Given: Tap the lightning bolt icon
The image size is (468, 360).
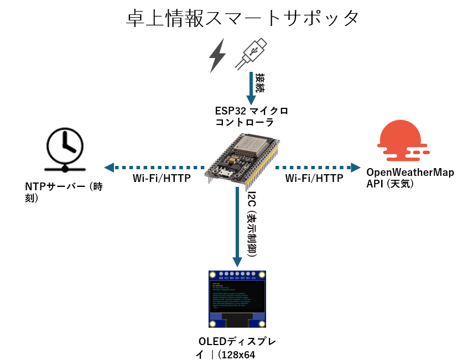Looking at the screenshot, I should coord(217,55).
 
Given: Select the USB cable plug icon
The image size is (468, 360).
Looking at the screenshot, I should coord(252,54).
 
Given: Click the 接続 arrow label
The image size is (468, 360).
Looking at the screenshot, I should coord(259,84).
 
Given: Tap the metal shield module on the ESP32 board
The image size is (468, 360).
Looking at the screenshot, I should coord(254,144).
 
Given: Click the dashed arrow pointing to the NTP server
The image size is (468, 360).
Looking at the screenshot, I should coord(155,167).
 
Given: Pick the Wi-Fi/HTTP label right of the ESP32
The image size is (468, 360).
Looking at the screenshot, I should coord(314,179).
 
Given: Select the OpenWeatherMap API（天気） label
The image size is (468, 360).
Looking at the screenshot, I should coord(410,178).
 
